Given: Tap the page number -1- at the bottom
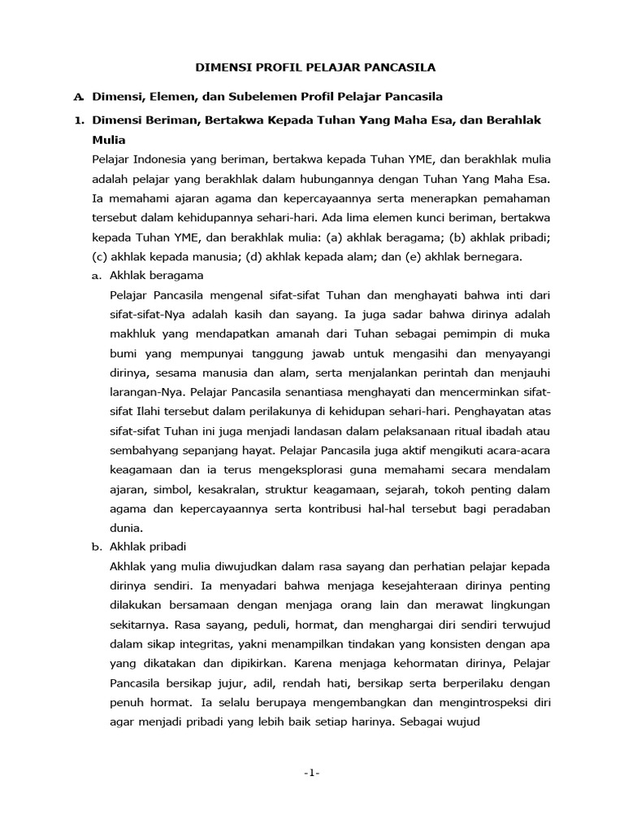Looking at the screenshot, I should coord(311,773).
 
